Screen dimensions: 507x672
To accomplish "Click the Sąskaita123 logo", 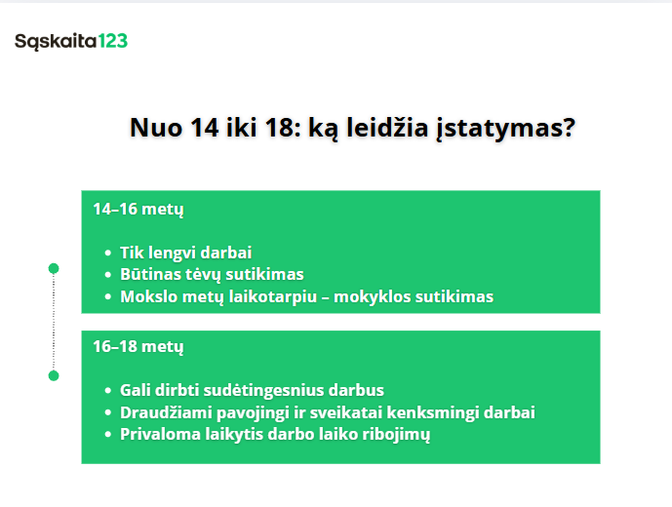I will pos(71,41).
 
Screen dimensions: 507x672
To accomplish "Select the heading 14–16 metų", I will pos(138,210).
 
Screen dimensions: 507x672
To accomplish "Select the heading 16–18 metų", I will pos(138,346).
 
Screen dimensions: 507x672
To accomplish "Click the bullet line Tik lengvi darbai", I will pos(186,252).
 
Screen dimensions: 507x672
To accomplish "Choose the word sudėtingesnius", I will pos(262,390).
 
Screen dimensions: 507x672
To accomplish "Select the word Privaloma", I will pos(158,435).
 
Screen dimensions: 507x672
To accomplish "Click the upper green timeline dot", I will pos(54,268).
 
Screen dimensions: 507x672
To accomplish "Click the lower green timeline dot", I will pos(54,375).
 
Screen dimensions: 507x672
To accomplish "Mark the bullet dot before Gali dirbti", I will pos(107,390).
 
